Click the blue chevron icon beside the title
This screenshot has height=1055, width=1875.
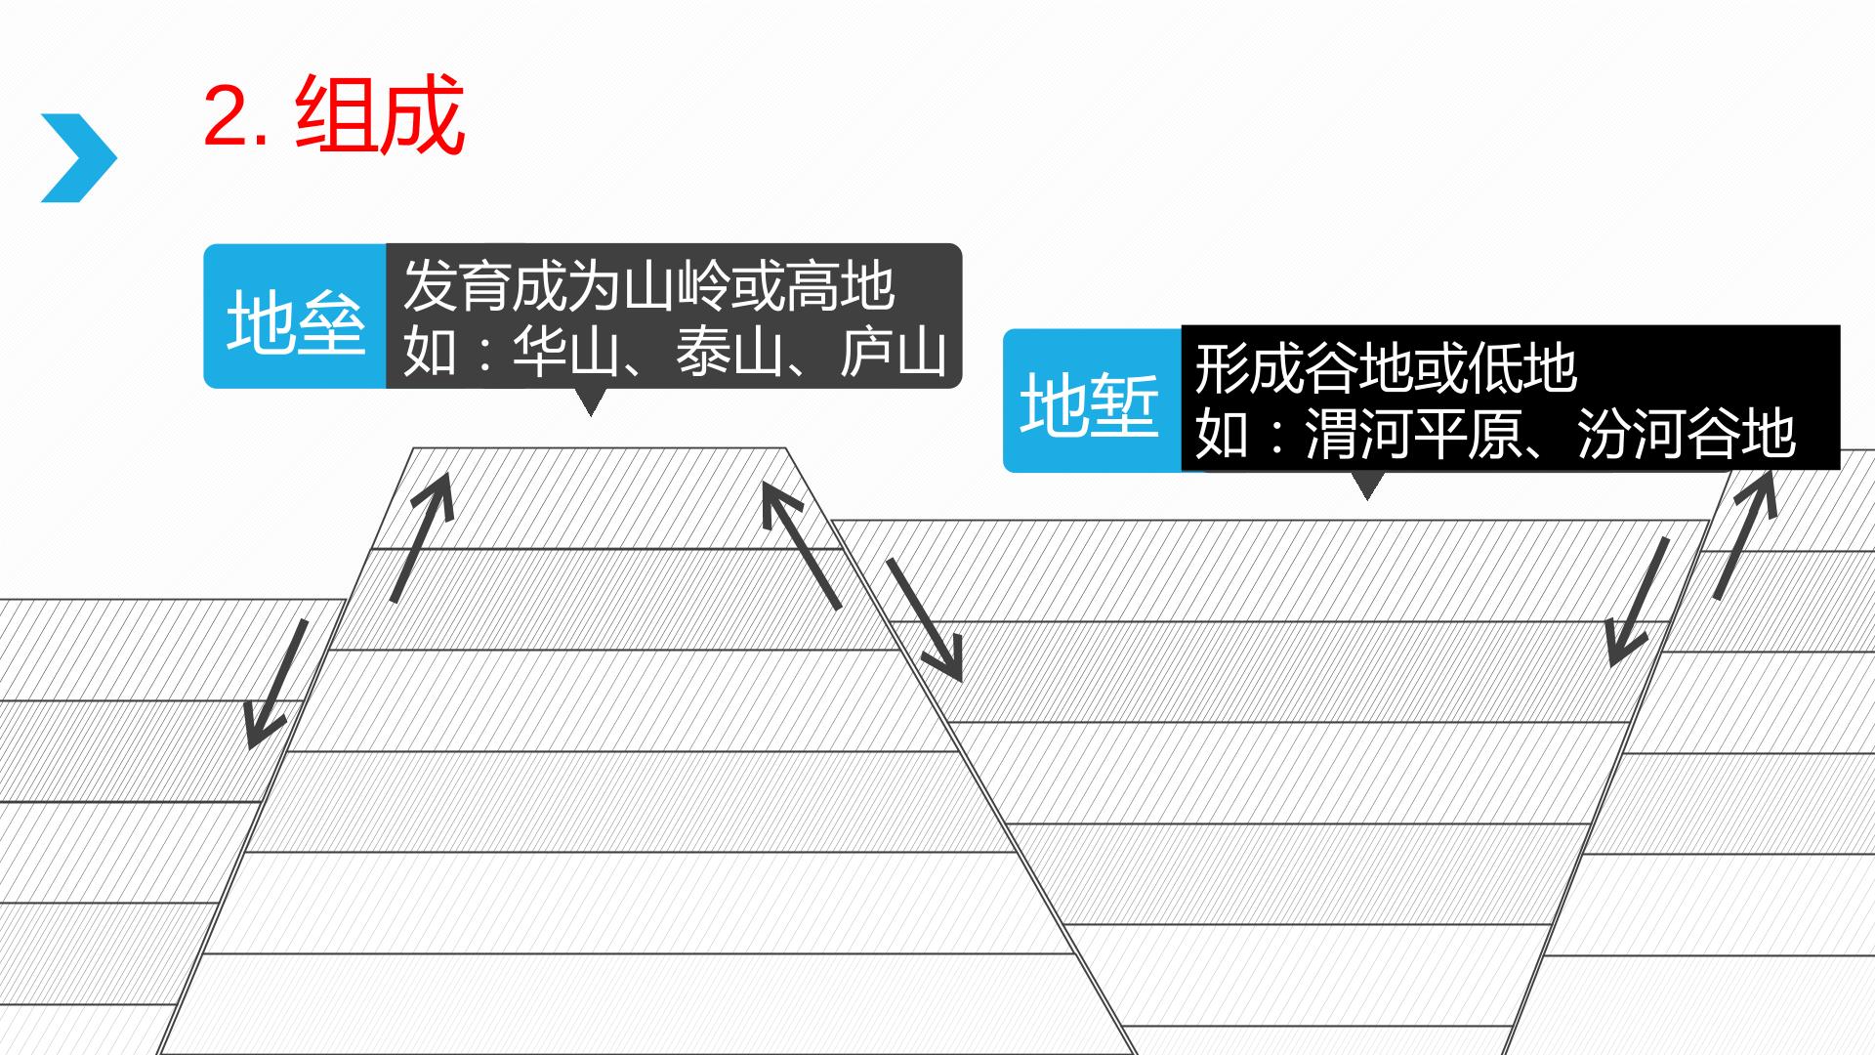[x=79, y=158]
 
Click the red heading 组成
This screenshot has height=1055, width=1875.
[x=379, y=116]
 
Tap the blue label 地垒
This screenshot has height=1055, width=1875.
[x=296, y=322]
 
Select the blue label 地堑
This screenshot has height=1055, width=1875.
[x=1090, y=404]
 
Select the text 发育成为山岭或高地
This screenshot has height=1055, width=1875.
[x=649, y=285]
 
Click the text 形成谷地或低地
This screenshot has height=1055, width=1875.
[x=1386, y=367]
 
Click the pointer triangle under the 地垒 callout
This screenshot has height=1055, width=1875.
[x=590, y=401]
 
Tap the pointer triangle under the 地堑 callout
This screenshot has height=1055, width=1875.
[x=1366, y=485]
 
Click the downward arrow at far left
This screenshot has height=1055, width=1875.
[x=276, y=684]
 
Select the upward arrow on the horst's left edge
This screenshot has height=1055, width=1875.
[x=423, y=536]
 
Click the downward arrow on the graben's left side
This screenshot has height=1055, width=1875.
[x=924, y=620]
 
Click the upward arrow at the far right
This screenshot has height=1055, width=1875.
[x=1745, y=534]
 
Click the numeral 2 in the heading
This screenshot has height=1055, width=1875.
[x=229, y=117]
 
